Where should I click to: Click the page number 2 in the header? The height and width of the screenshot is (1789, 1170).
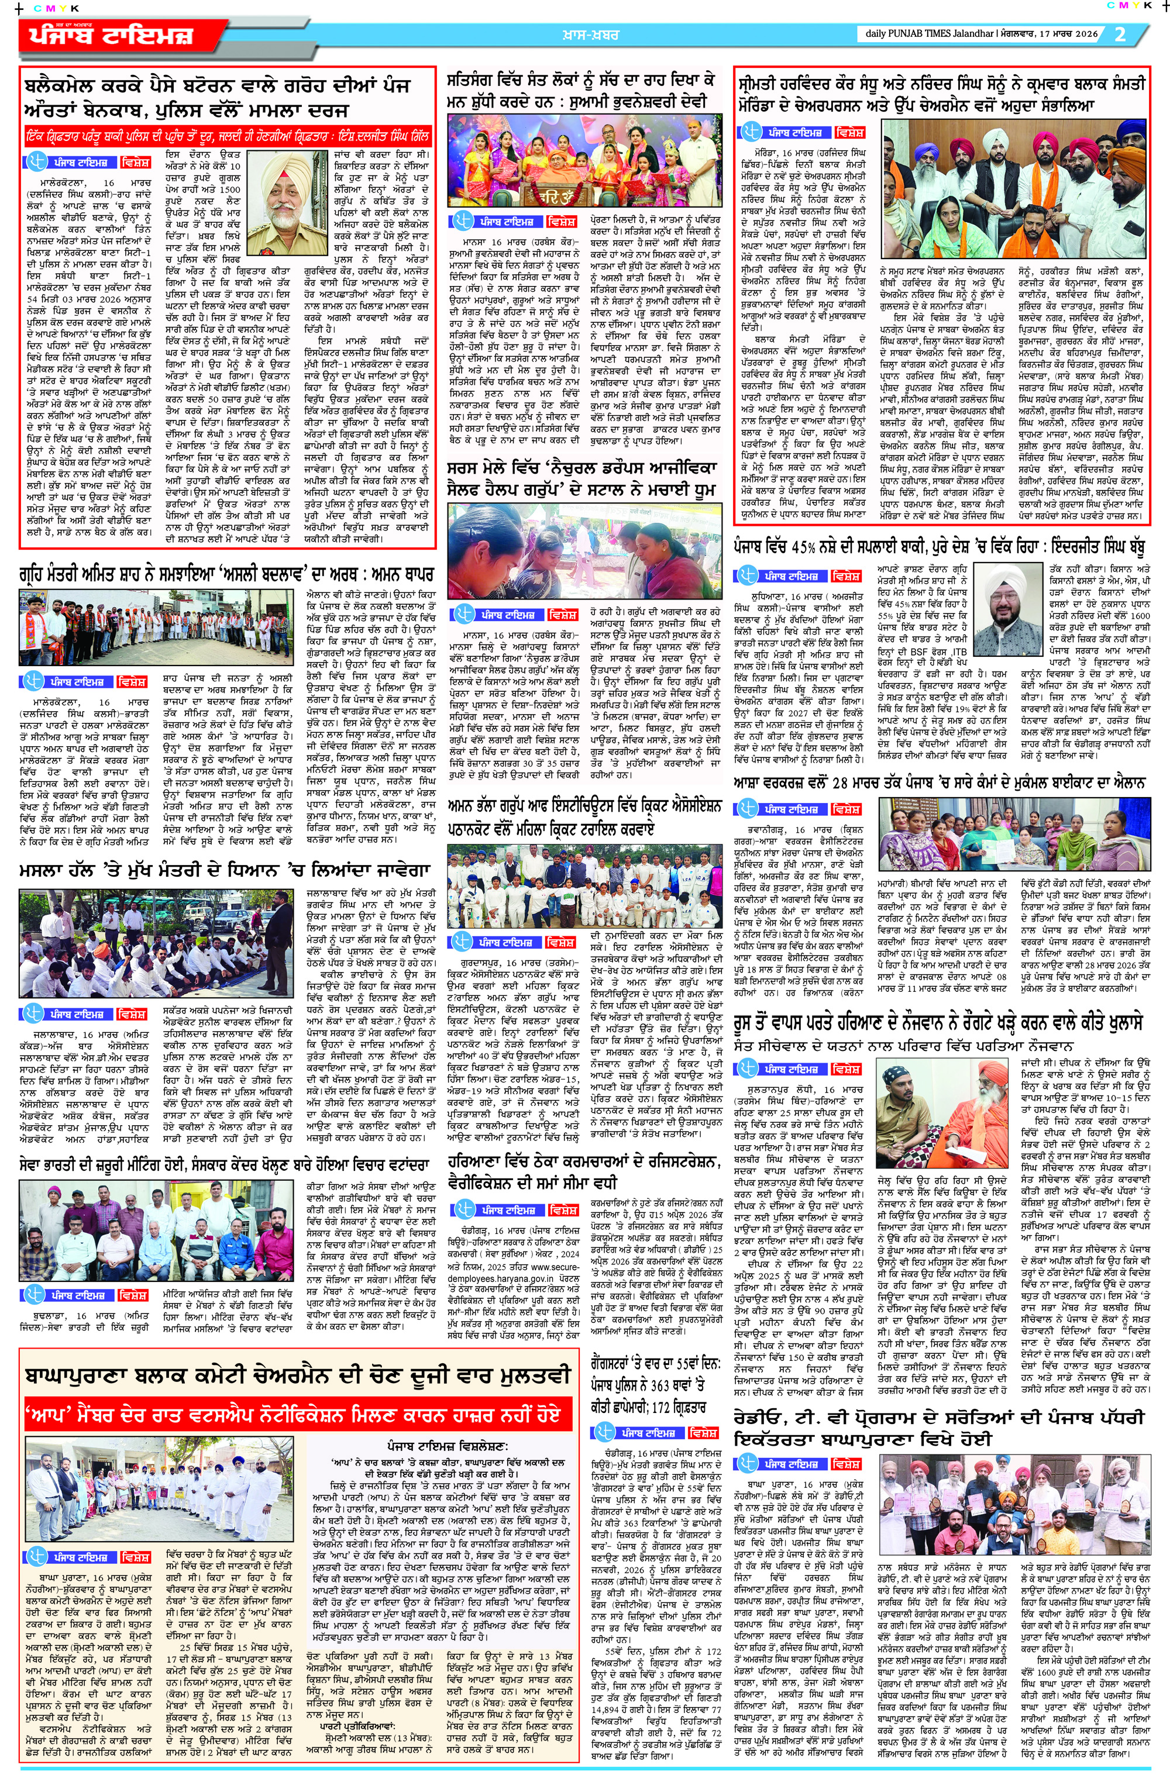click(1120, 34)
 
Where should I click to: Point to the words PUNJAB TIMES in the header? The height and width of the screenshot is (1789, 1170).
click(922, 34)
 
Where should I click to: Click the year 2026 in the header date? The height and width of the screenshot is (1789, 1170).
click(1086, 34)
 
